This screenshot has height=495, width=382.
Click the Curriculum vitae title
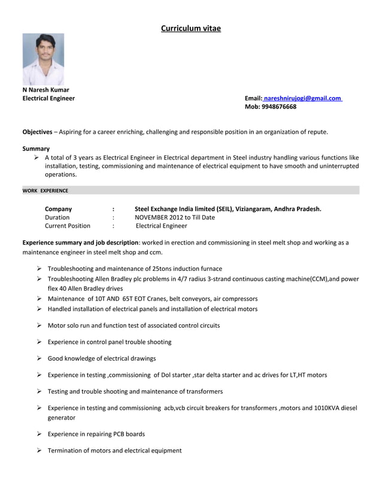coord(191,28)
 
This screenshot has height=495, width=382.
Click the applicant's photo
coord(43,59)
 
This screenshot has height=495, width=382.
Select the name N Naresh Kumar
coord(46,90)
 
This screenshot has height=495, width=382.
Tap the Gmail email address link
coord(302,98)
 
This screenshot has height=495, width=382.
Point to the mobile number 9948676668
coord(279,107)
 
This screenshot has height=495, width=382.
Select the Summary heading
coord(36,148)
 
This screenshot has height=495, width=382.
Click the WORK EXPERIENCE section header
coord(46,191)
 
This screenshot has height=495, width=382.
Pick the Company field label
coord(59,209)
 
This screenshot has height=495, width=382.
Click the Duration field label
coord(57,218)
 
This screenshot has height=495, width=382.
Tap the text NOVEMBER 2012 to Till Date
coord(175,218)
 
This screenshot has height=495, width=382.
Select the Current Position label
coord(68,226)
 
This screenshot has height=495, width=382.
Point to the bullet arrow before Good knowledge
coord(38,358)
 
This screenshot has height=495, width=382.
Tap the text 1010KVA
coord(328,408)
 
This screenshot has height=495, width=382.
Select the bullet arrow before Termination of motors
coord(38,450)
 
